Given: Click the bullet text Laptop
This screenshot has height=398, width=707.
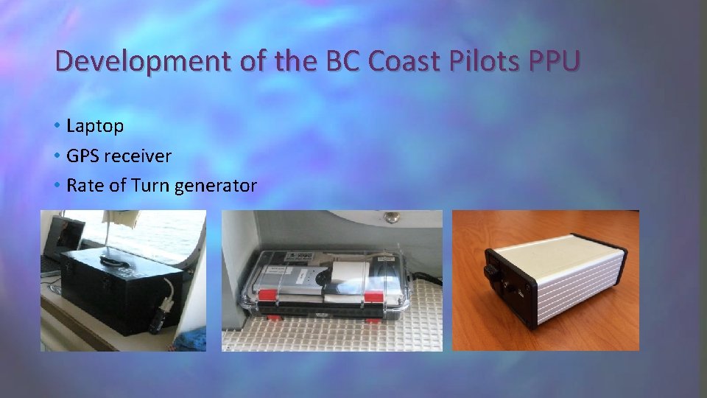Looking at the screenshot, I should pyautogui.click(x=95, y=126).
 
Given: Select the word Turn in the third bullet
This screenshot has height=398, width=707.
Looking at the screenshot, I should pyautogui.click(x=150, y=186).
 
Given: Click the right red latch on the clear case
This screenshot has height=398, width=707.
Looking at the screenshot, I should pyautogui.click(x=373, y=296).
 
